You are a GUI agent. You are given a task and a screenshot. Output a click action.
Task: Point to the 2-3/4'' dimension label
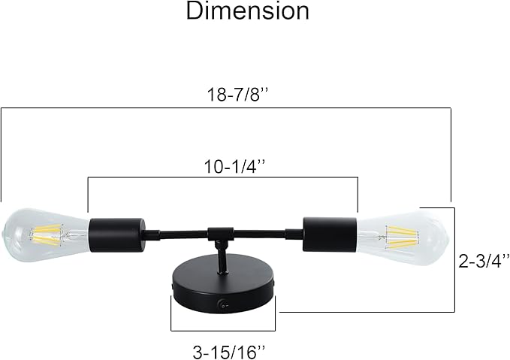(x=484, y=260)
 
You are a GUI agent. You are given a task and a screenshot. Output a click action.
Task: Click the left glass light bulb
(x=45, y=234)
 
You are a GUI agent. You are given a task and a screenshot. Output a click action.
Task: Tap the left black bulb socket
(x=116, y=234)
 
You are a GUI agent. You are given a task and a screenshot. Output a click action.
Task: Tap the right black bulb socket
(x=329, y=234)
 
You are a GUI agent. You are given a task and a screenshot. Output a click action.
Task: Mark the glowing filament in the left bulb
(x=49, y=234)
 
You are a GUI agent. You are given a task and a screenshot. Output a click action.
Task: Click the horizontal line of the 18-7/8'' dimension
(x=225, y=108)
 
